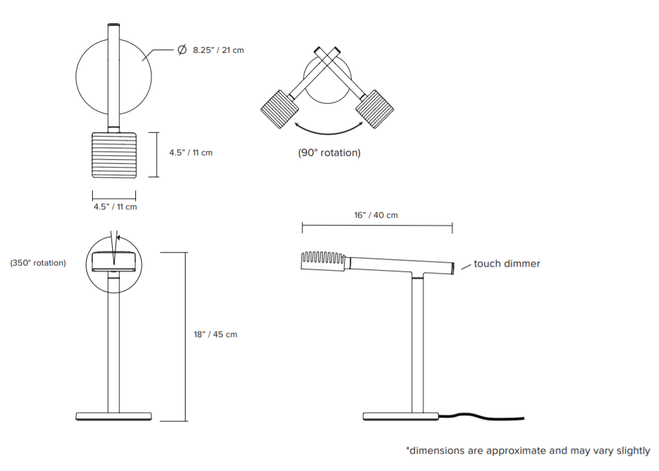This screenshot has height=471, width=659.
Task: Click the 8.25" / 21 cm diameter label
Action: point(218,50)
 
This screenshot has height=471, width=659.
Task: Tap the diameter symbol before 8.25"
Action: point(182,50)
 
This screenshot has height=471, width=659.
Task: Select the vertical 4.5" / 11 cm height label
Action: point(191,153)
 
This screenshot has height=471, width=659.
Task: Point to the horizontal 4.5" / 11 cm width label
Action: point(115,207)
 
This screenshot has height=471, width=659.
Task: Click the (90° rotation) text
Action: point(330,153)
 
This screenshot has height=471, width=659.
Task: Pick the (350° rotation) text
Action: point(38,263)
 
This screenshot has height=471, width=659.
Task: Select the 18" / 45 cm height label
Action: point(216,334)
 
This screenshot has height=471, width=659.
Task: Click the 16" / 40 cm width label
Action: point(376,215)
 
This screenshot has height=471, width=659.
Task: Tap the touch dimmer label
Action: point(507,264)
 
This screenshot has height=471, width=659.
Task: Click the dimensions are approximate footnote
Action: point(528,451)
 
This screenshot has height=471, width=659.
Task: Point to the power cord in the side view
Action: point(482,416)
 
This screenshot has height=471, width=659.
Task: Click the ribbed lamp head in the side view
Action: point(323,261)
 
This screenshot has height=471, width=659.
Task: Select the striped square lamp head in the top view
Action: point(114,155)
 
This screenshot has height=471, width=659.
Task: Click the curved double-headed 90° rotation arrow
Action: point(329,133)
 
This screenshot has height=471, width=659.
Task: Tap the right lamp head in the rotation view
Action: point(375,110)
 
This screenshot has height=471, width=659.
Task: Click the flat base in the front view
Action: point(113,416)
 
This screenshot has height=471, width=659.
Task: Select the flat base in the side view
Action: point(401,416)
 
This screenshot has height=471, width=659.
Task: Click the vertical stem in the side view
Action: point(417,345)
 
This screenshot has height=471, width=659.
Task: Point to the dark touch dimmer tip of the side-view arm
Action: point(453,268)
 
